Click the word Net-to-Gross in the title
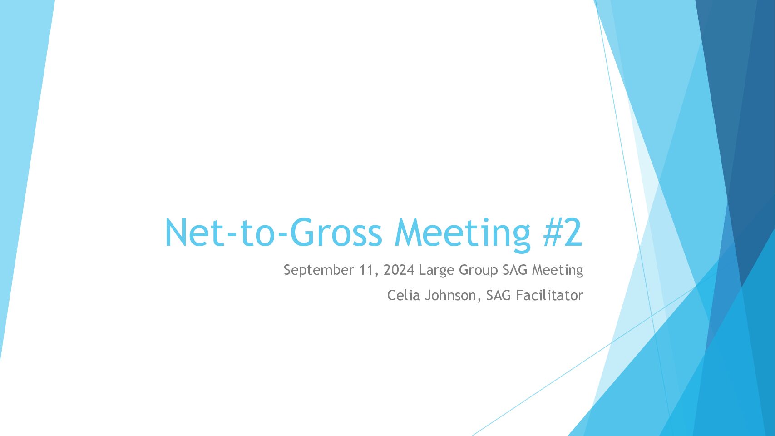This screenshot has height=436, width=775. [x=273, y=233]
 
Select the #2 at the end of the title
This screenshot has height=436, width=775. [x=563, y=232]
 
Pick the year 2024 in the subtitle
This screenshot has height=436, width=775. [x=399, y=270]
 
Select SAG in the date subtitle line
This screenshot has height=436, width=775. [x=515, y=270]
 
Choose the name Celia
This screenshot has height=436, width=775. [x=403, y=296]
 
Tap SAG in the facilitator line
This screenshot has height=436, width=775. [x=499, y=296]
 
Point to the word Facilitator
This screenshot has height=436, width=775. [x=549, y=296]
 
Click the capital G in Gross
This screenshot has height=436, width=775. [x=302, y=233]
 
